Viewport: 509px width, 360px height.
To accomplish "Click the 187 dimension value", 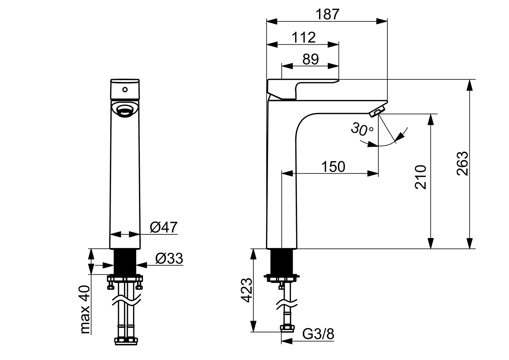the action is point(327,14).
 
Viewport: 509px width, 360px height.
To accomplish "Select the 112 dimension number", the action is point(304,37).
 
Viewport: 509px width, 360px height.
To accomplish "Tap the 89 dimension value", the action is point(310,59).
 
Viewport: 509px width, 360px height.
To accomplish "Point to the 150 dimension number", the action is point(333,167).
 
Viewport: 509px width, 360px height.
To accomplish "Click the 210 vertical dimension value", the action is point(421,177).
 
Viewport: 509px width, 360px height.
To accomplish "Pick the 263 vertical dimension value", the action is point(462,163).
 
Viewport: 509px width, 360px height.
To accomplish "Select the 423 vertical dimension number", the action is point(247,290).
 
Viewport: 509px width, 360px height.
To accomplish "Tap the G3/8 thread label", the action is point(318,334).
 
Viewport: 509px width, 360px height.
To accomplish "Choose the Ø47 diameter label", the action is point(164,227).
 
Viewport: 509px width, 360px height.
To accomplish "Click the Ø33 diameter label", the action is point(169,259).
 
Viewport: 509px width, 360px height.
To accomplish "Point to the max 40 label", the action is point(85,310).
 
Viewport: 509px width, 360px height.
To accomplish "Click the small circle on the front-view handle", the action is point(125,90).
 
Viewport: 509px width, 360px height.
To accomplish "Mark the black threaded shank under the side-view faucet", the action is point(282,262).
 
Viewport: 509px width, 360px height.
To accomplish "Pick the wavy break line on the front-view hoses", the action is point(127,300).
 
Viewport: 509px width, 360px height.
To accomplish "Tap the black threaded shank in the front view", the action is point(125,262).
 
